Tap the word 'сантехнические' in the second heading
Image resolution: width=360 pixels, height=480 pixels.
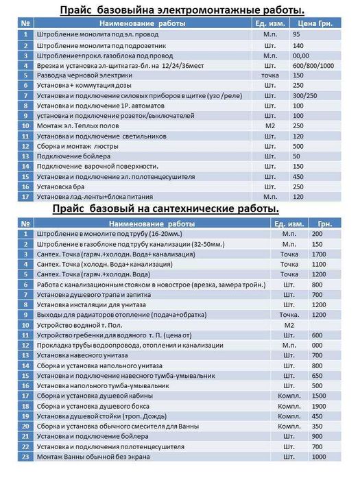(203, 208)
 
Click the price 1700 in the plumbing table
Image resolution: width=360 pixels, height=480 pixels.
(319, 254)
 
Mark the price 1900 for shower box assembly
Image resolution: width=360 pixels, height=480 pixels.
(319, 406)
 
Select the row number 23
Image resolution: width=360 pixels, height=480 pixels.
(25, 457)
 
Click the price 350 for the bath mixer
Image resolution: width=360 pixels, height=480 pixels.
(317, 426)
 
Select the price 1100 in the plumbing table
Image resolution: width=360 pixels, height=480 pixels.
(319, 264)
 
